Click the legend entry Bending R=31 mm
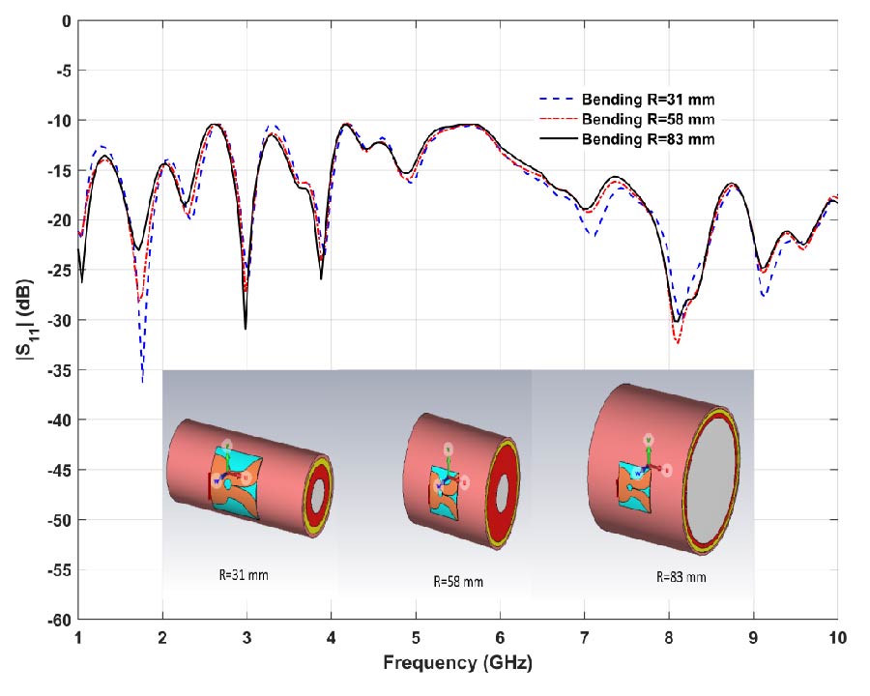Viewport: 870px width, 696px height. tap(647, 99)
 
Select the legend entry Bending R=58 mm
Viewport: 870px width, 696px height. tap(647, 119)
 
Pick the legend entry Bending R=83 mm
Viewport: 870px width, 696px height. tap(647, 139)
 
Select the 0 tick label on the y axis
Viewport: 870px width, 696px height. tap(66, 20)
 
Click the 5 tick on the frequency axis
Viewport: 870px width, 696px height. tap(416, 639)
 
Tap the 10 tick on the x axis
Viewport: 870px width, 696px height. tap(837, 639)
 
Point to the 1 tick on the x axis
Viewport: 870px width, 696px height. tap(78, 639)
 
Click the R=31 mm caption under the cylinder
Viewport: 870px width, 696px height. tap(244, 574)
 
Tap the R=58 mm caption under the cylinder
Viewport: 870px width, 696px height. tap(457, 581)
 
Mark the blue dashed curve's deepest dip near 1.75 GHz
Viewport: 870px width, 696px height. tap(143, 380)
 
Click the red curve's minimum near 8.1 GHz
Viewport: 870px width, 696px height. tap(678, 342)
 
